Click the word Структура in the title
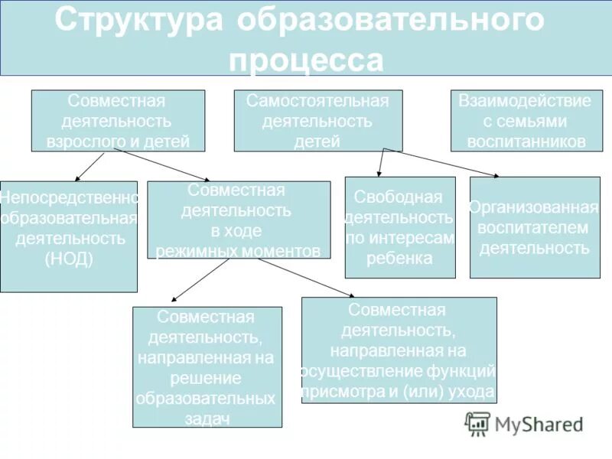click(138, 21)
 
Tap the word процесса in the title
click(306, 60)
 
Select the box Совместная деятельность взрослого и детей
click(118, 121)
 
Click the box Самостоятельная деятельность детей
click(317, 121)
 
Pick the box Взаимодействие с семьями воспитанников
click(525, 121)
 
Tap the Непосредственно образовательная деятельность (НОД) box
click(69, 236)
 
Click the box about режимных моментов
click(239, 220)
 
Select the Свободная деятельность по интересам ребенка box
click(399, 227)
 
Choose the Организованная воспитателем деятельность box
click(534, 227)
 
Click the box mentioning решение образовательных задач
click(207, 366)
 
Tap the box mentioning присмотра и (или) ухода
click(399, 350)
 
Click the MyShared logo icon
click(478, 424)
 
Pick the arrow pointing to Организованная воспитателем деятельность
click(440, 162)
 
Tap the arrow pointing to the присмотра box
click(291, 278)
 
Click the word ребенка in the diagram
click(399, 259)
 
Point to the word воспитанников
click(525, 142)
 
